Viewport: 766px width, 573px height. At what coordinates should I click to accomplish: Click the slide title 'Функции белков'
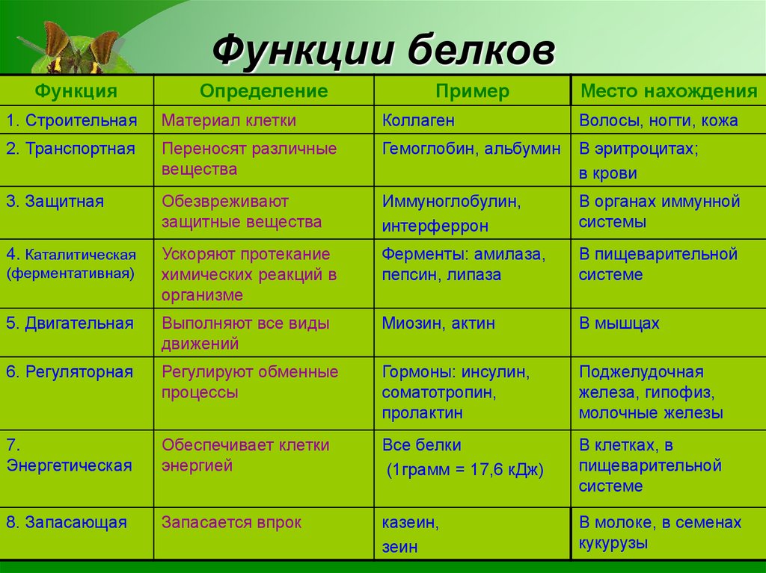[384, 52]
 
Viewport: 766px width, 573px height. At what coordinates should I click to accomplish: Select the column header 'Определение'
[263, 91]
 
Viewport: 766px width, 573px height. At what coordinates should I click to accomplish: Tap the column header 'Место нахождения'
[669, 91]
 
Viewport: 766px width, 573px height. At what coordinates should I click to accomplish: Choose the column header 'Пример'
[472, 91]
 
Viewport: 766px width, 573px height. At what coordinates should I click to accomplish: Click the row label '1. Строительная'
[72, 120]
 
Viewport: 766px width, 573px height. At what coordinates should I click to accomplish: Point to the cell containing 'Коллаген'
[418, 120]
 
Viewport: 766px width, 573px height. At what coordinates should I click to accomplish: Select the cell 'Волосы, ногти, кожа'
[658, 120]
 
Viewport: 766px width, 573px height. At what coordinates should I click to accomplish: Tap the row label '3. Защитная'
[55, 202]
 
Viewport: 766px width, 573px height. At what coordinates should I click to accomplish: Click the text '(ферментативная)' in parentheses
[71, 273]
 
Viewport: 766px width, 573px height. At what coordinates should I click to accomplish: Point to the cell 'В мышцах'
[619, 323]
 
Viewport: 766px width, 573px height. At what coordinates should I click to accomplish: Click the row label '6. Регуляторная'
[70, 371]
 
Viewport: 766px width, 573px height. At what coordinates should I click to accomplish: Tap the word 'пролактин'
[422, 412]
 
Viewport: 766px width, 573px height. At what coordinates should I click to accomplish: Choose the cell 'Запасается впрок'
[231, 522]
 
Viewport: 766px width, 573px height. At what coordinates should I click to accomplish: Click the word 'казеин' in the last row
[409, 522]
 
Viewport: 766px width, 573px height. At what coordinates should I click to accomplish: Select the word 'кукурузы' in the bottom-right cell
[613, 543]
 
